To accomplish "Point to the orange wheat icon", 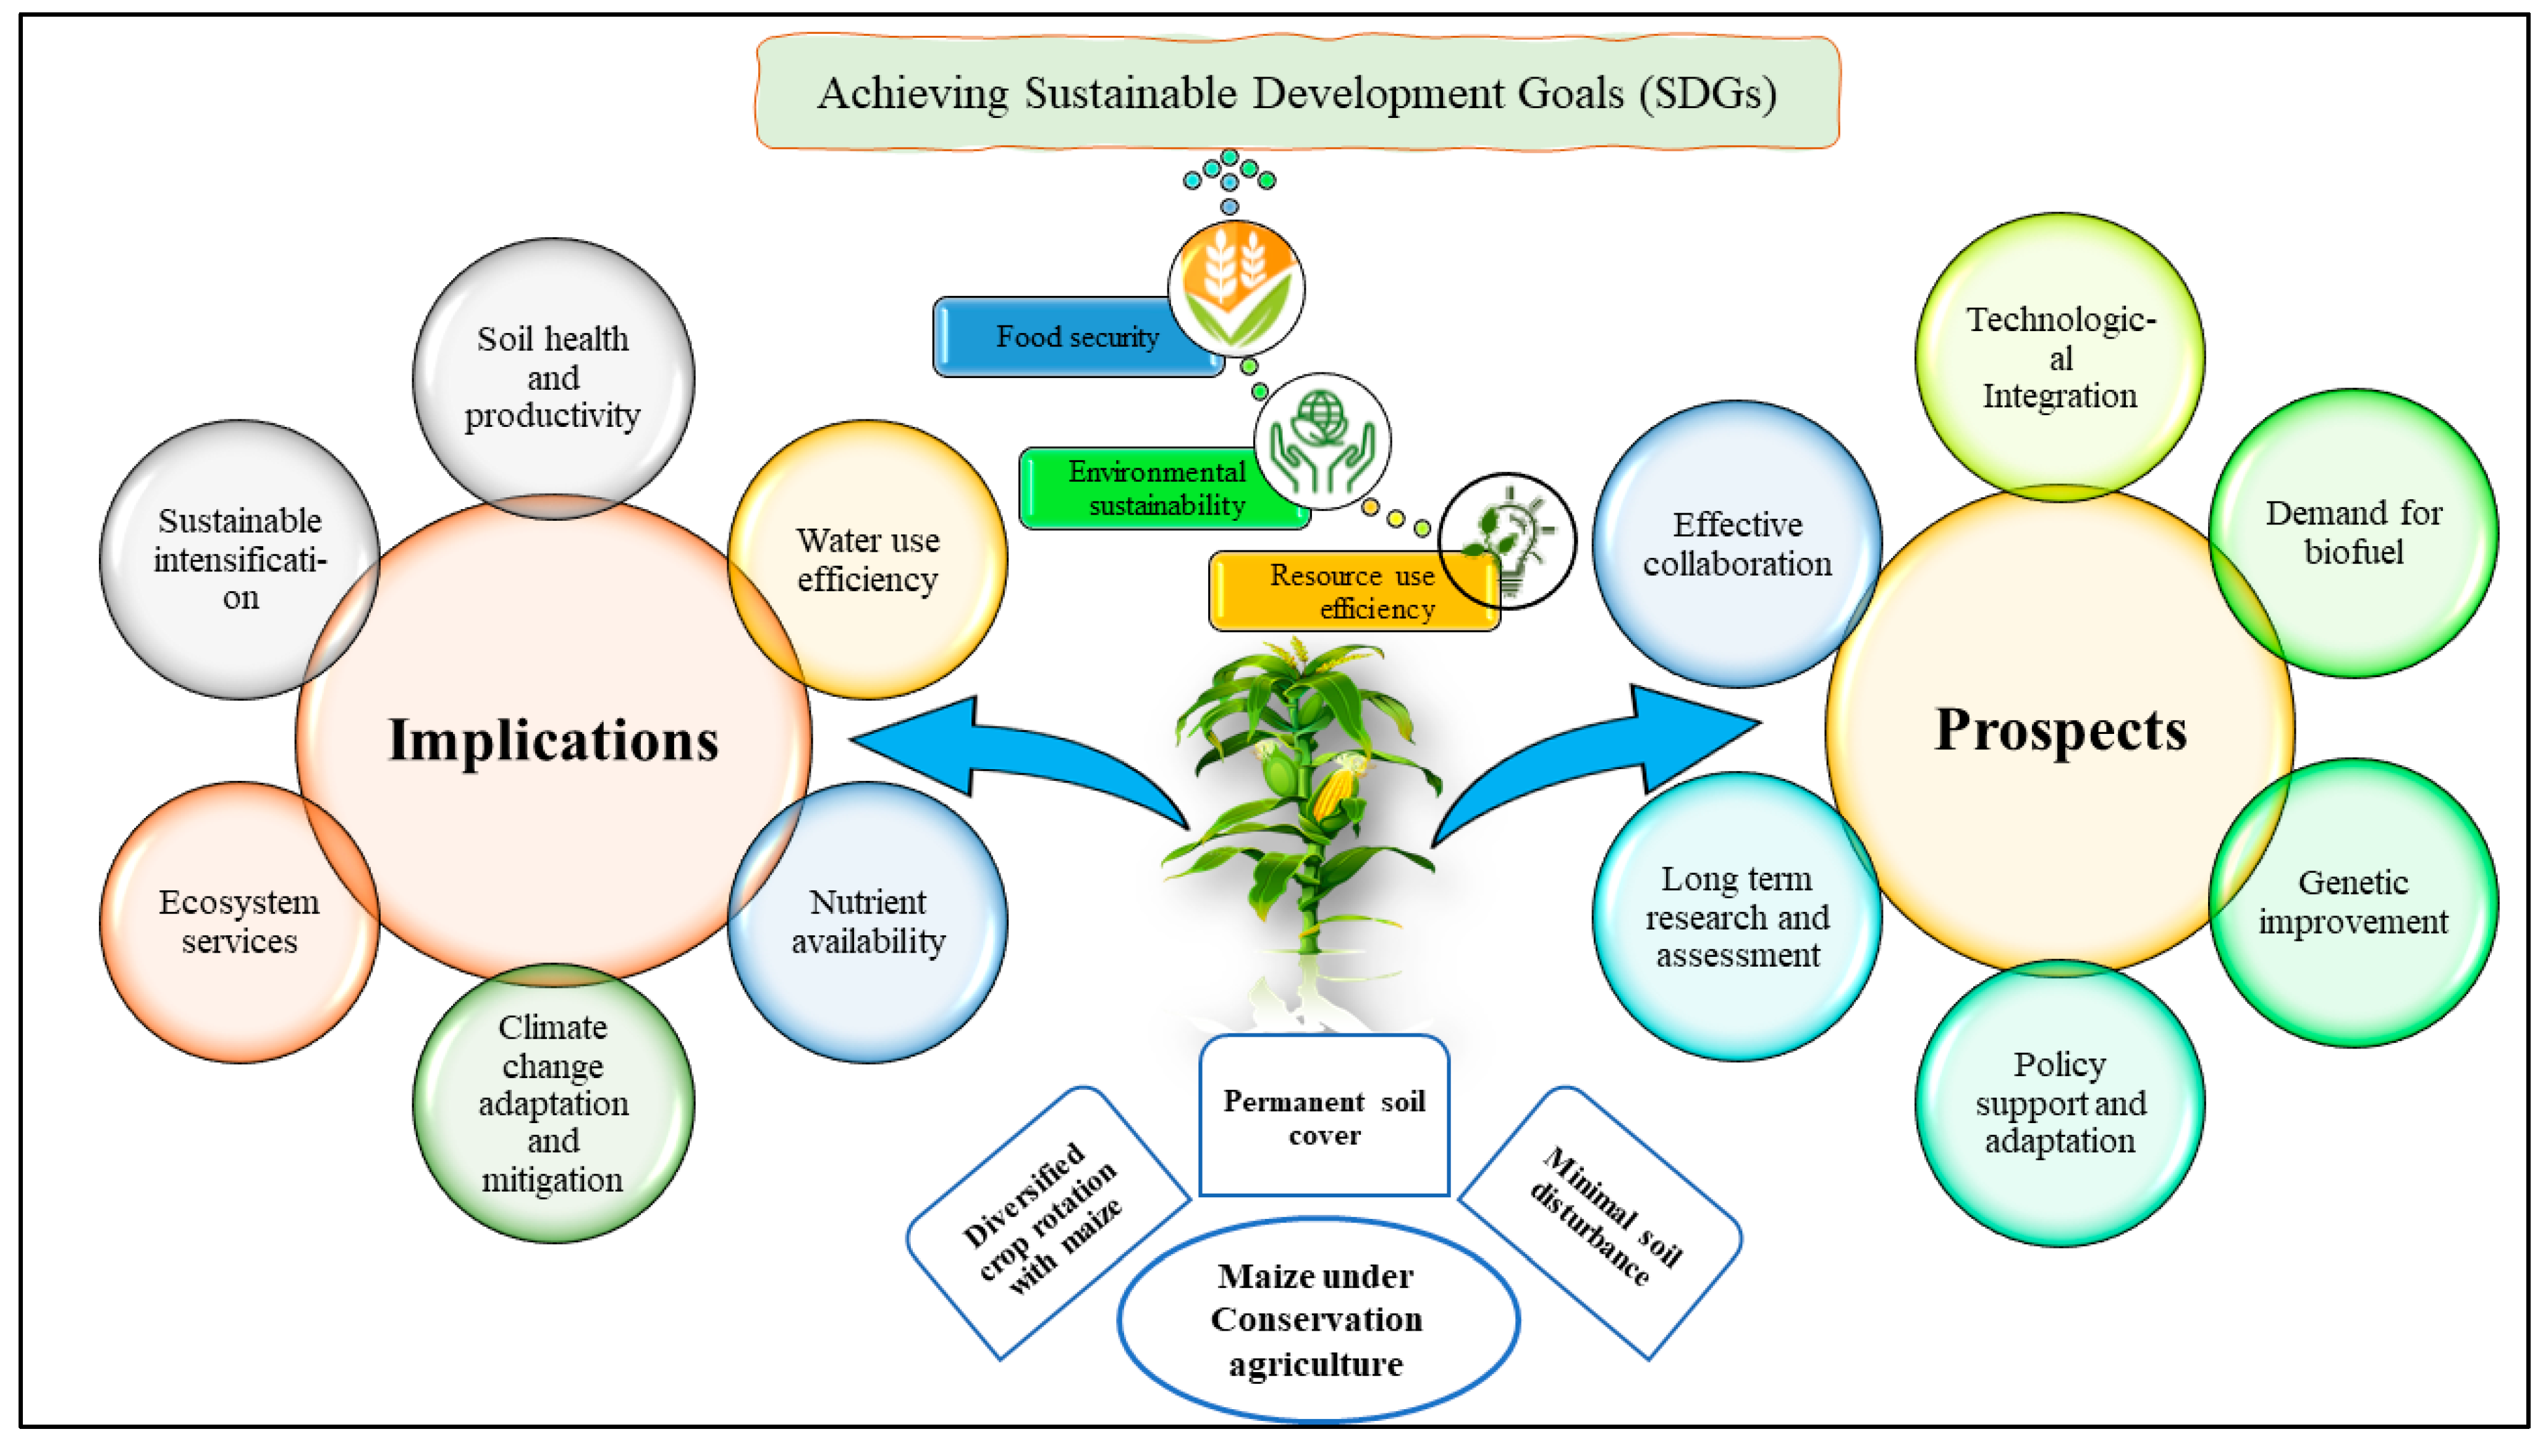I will click(x=1236, y=288).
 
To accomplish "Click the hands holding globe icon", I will click(x=1322, y=442).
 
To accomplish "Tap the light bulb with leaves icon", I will click(x=1507, y=541).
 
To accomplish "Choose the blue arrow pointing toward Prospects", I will click(x=1628, y=754).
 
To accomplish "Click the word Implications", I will click(x=553, y=740).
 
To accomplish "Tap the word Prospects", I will click(x=2060, y=730).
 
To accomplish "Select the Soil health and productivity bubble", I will click(x=553, y=377).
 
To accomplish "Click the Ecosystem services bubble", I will click(x=239, y=921).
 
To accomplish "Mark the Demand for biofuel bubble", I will click(x=2353, y=533).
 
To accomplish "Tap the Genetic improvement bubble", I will click(x=2353, y=902).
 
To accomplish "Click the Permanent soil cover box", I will click(x=1324, y=1116).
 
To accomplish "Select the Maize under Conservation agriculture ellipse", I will click(x=1317, y=1320).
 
